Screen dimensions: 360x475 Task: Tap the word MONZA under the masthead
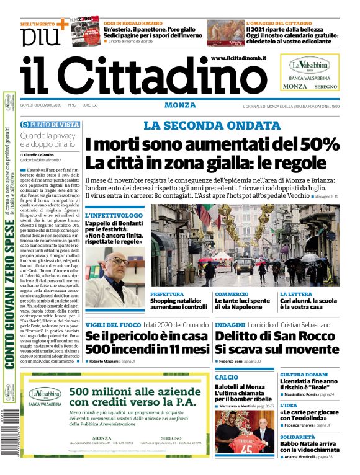click(180, 105)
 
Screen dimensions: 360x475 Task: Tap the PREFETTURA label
click(167, 294)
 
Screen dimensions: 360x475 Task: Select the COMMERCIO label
click(232, 294)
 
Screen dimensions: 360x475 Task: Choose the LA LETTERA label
click(295, 294)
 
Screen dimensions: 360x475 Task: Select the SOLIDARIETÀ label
click(300, 437)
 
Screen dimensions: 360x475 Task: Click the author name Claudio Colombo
click(40, 154)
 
